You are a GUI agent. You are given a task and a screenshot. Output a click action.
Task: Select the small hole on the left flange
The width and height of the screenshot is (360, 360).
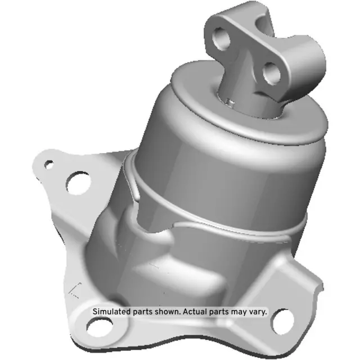click(x=49, y=164)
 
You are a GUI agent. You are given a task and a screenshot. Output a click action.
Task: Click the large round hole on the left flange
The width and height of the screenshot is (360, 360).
click(x=78, y=182)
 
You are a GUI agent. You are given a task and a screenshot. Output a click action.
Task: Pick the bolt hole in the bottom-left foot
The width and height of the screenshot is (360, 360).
click(x=101, y=326)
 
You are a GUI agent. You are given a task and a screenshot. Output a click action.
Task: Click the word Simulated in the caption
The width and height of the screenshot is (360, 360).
click(x=111, y=312)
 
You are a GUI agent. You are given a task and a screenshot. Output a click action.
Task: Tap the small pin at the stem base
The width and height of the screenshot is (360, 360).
click(x=229, y=101)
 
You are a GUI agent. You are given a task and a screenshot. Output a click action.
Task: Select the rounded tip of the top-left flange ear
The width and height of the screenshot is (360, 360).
click(x=39, y=160)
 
